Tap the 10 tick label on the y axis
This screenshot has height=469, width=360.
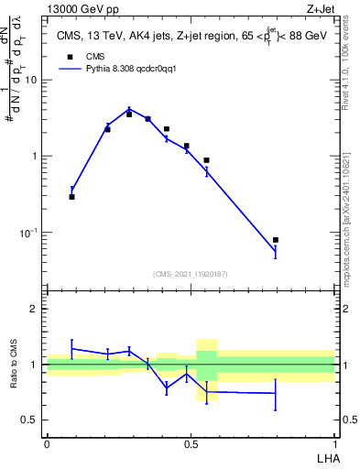tap(31, 80)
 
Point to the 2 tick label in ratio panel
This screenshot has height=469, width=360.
tap(35, 309)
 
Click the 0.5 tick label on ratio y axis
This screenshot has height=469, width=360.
tap(29, 420)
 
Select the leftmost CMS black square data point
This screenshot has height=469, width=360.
tap(72, 197)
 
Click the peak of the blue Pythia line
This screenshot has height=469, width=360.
tap(129, 109)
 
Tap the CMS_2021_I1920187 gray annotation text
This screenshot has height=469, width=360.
tap(190, 274)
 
